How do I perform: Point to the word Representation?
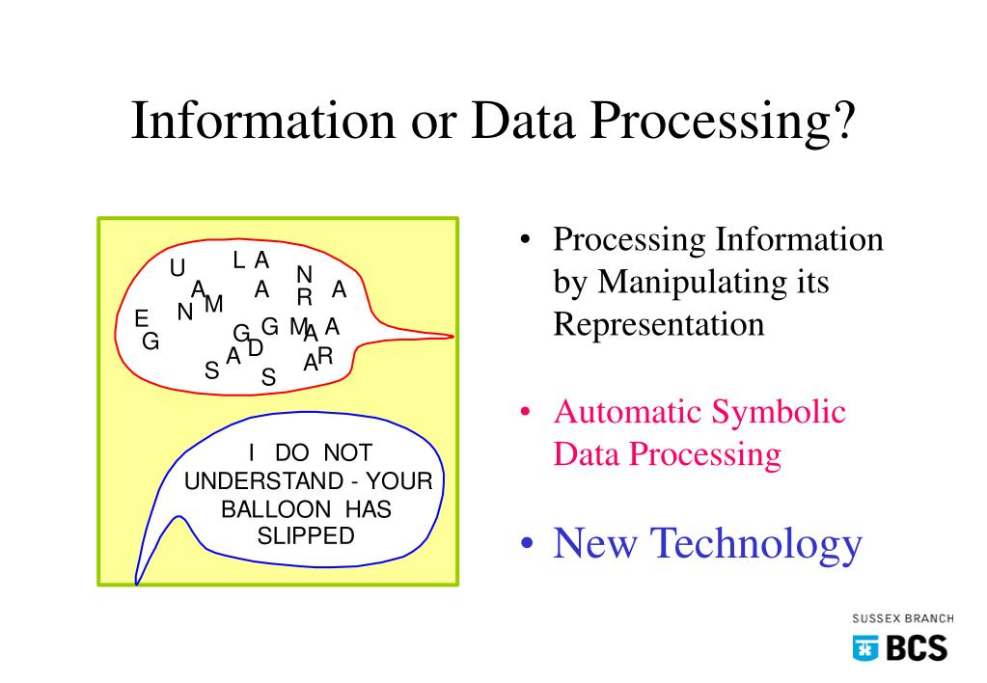click(x=658, y=324)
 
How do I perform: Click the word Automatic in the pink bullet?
click(x=626, y=413)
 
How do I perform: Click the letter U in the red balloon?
click(x=178, y=268)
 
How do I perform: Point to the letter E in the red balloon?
click(x=142, y=318)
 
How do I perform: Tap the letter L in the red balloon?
click(x=239, y=260)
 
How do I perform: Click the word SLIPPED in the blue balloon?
click(x=306, y=536)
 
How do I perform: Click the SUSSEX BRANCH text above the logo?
click(x=902, y=618)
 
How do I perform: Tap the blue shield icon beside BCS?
click(x=864, y=648)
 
